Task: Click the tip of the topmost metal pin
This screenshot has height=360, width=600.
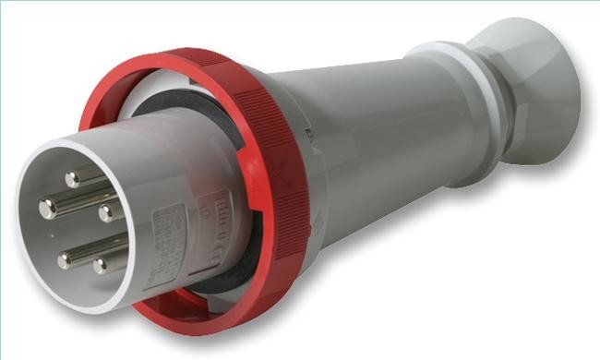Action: pos(72,173)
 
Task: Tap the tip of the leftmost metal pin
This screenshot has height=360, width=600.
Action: pos(46,208)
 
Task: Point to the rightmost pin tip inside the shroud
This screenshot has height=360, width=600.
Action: pos(107,213)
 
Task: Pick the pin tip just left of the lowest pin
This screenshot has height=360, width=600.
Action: pos(64,259)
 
